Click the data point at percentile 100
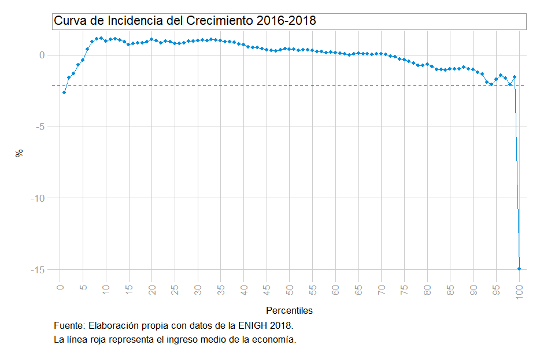pyautogui.click(x=519, y=269)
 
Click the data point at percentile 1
pyautogui.click(x=64, y=92)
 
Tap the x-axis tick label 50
pyautogui.click(x=290, y=290)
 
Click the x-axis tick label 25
pyautogui.click(x=175, y=290)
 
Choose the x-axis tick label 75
pyautogui.click(x=405, y=290)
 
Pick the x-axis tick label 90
pyautogui.click(x=474, y=290)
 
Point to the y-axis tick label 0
pyautogui.click(x=42, y=55)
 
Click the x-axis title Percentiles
pyautogui.click(x=289, y=311)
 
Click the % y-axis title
pyautogui.click(x=20, y=153)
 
